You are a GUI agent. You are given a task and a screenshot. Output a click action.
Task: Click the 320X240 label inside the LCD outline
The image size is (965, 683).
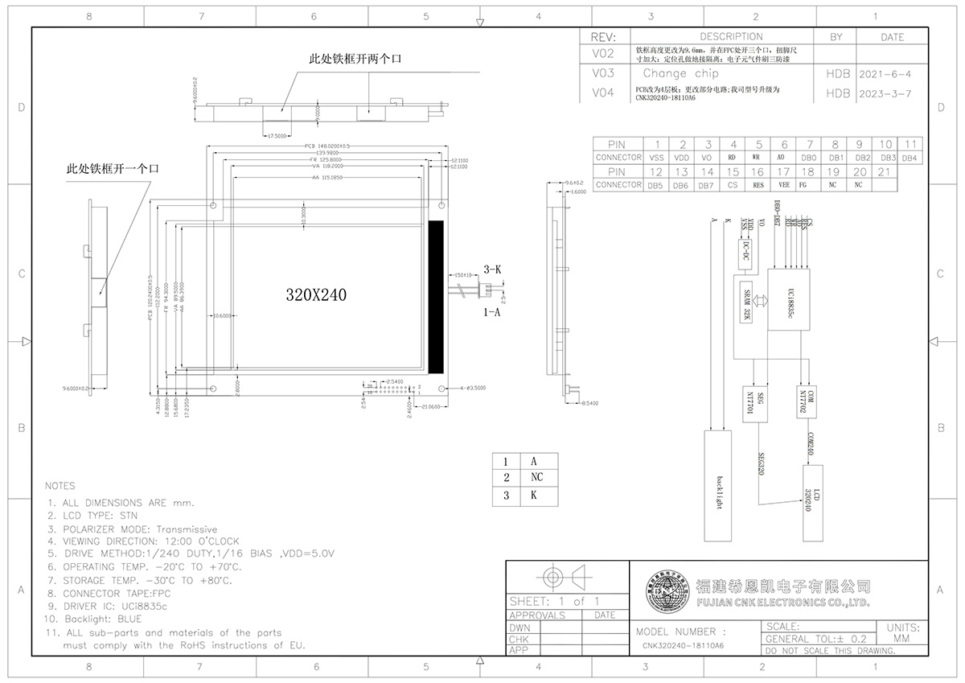[316, 295]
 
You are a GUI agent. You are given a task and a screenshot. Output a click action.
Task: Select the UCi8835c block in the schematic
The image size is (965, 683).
[789, 299]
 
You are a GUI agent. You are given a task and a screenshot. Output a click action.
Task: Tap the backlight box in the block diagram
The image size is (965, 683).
[720, 485]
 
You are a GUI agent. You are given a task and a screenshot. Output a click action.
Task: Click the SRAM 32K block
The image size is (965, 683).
[745, 304]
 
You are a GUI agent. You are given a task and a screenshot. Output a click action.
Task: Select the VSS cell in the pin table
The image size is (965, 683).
[657, 158]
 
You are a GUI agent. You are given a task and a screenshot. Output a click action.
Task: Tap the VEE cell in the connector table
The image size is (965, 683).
[783, 185]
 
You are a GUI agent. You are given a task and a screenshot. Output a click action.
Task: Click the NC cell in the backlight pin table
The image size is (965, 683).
[536, 478]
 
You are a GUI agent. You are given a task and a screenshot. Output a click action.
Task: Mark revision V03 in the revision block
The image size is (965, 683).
[602, 73]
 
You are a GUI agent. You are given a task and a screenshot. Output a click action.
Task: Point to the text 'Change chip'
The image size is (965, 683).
[675, 73]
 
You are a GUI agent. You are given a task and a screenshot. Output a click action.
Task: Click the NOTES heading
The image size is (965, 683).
[60, 486]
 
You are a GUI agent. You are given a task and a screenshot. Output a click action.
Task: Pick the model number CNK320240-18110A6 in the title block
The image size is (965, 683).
[683, 646]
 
